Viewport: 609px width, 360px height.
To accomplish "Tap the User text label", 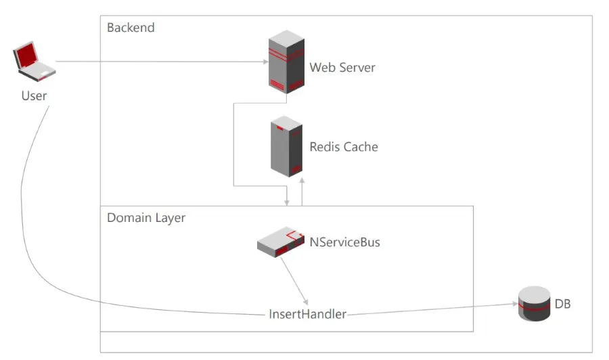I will point(34,95).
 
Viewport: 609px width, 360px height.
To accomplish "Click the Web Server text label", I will point(342,68).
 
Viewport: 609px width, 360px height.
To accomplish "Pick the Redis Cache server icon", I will point(286,146).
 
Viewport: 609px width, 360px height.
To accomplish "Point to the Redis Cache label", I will point(344,147).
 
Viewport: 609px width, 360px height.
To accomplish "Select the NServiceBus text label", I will point(344,242).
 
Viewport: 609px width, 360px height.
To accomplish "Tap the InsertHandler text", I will point(308,314).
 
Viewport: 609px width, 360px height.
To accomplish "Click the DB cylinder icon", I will point(534,304).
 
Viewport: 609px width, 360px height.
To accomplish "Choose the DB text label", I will point(563,304).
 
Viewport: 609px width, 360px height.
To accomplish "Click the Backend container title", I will point(131,28).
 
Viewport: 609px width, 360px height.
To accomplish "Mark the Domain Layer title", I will point(146,218).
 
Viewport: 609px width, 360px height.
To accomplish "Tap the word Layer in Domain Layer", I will point(171,218).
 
